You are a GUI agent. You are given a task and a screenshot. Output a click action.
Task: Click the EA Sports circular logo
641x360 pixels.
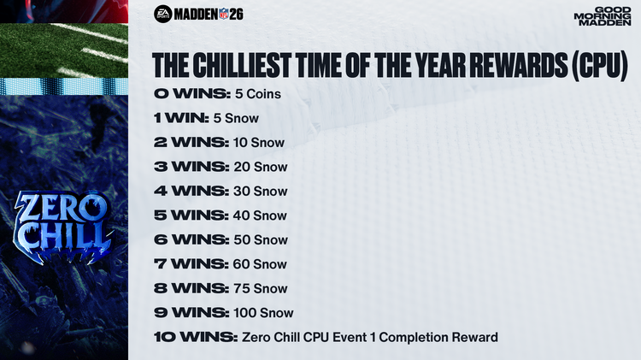coord(162,14)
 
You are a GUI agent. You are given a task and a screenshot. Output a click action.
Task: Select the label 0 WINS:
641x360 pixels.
coord(191,93)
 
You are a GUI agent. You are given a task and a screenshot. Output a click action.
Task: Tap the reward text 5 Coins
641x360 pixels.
coord(258,93)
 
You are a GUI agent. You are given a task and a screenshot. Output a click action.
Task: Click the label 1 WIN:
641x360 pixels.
coord(185,118)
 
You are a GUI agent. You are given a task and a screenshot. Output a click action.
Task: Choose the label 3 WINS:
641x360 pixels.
coord(191,167)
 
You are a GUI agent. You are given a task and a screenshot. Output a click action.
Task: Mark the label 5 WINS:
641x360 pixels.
coord(191,215)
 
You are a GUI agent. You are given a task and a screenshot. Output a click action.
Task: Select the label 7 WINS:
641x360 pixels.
coord(191,264)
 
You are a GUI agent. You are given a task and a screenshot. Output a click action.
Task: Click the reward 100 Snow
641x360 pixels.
coord(263,313)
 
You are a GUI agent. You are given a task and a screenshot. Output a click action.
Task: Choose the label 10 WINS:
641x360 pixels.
coord(196,338)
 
